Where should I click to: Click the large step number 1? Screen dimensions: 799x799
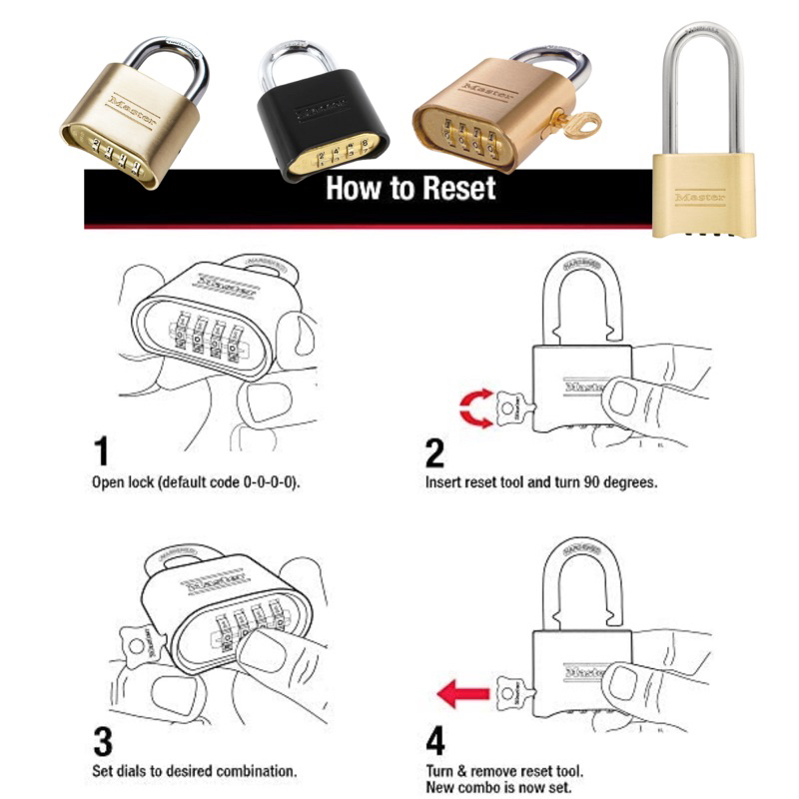click(102, 451)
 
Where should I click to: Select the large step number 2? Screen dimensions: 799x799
click(434, 453)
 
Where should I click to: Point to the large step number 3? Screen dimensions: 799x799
click(103, 742)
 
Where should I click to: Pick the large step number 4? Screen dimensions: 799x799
click(435, 741)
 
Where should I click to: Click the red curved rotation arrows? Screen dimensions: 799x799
click(475, 407)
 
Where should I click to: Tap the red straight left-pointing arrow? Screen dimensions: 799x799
click(463, 693)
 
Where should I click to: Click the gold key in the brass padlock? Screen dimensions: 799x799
click(573, 124)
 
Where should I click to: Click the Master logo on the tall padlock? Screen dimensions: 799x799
click(699, 198)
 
